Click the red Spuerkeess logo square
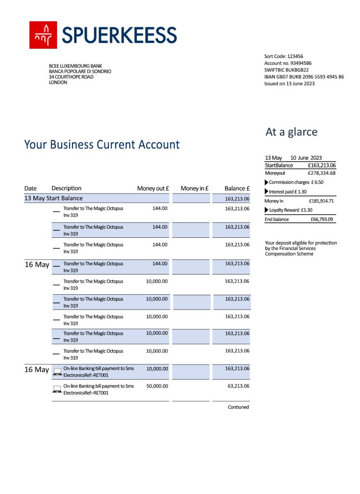(43, 35)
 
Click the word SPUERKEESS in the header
(119, 35)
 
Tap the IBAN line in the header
(304, 77)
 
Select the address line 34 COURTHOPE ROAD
(71, 77)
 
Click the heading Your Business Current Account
(102, 144)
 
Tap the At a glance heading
(291, 132)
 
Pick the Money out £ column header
(153, 189)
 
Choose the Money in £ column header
(194, 189)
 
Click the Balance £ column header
(237, 189)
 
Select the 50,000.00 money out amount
(157, 386)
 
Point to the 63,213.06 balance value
(237, 386)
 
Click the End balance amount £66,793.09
(322, 220)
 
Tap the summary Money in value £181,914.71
(321, 201)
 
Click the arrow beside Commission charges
(267, 182)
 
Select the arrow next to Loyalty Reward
(267, 210)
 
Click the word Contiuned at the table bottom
(238, 407)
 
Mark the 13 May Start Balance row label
(54, 198)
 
